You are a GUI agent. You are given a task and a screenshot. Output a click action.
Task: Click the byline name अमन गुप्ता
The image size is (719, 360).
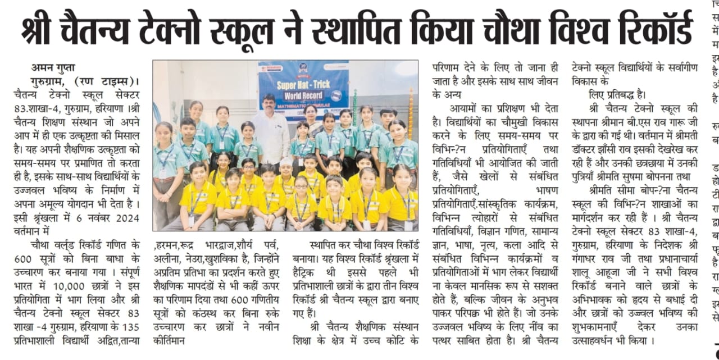point(53,67)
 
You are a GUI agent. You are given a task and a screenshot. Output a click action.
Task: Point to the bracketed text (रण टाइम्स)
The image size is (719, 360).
point(104,80)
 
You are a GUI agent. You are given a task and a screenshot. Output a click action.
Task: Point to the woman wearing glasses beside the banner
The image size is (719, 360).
point(310,121)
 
